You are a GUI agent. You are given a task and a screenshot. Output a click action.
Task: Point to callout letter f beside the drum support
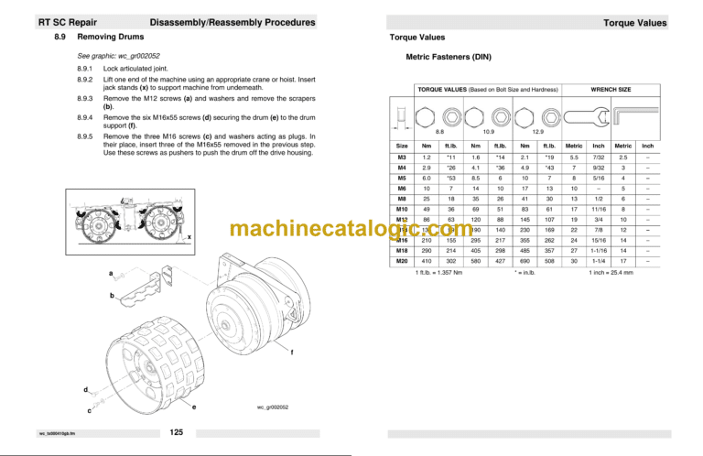pyautogui.click(x=291, y=353)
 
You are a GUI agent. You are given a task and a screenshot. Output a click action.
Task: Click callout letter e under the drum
pyautogui.click(x=195, y=406)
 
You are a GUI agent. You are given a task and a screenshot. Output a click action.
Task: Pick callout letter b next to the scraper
pyautogui.click(x=112, y=296)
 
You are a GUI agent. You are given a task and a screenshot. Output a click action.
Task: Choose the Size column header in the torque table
pyautogui.click(x=401, y=145)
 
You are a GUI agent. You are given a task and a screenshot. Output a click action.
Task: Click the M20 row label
pyautogui.click(x=401, y=261)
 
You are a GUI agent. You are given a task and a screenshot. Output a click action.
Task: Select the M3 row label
pyautogui.click(x=401, y=157)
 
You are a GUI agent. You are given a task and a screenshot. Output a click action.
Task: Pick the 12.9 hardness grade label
pyautogui.click(x=538, y=132)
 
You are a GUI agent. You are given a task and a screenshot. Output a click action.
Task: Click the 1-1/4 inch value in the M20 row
pyautogui.click(x=598, y=261)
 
